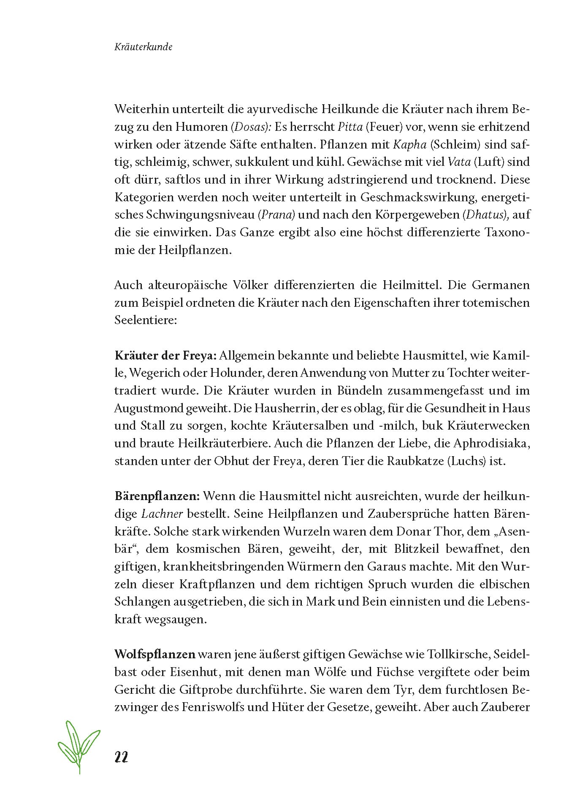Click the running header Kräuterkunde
tap(143, 47)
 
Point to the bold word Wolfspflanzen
tap(155, 655)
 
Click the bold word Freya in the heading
tap(201, 355)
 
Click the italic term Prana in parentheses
tap(276, 214)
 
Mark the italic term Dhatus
tap(485, 214)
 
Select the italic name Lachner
tap(162, 514)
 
